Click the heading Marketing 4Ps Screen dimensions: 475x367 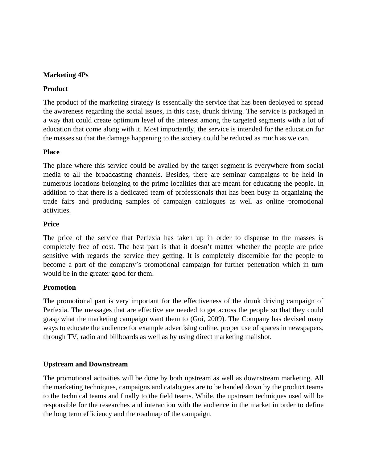pyautogui.click(x=66, y=75)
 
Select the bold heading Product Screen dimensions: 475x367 pyautogui.click(x=56, y=89)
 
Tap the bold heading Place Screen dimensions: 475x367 pyautogui.click(x=51, y=152)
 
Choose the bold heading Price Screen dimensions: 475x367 pyautogui.click(x=51, y=224)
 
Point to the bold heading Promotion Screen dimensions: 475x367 pyautogui.click(x=60, y=287)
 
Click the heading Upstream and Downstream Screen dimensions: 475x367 pyautogui.click(x=85, y=364)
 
